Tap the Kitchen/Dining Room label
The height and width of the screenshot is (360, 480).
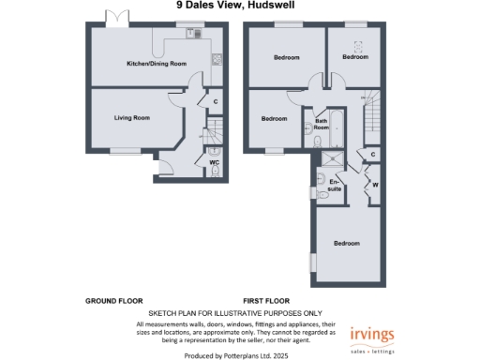(157, 64)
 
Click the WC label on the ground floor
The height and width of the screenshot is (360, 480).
(214, 161)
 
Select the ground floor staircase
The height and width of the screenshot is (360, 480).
(216, 129)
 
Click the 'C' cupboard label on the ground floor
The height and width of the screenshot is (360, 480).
(216, 101)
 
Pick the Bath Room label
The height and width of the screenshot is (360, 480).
(321, 122)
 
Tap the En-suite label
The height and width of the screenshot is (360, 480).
(335, 186)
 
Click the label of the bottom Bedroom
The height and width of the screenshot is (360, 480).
(347, 244)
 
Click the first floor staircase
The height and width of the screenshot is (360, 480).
(373, 114)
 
